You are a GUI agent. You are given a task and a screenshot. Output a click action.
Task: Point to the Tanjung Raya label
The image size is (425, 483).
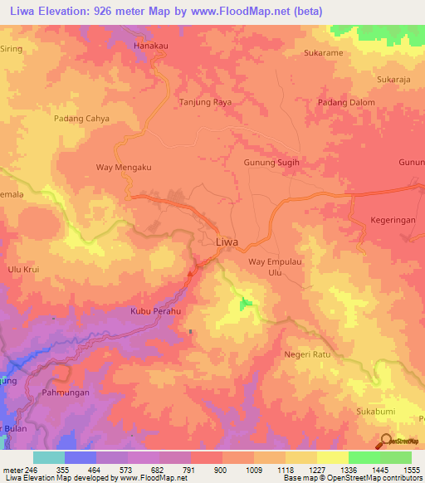[205, 102]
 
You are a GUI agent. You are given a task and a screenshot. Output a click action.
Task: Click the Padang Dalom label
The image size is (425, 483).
[346, 102]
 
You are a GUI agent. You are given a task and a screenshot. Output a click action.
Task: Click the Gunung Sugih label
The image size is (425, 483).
[271, 163]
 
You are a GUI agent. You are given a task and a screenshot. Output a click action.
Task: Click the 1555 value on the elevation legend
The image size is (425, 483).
[411, 469]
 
